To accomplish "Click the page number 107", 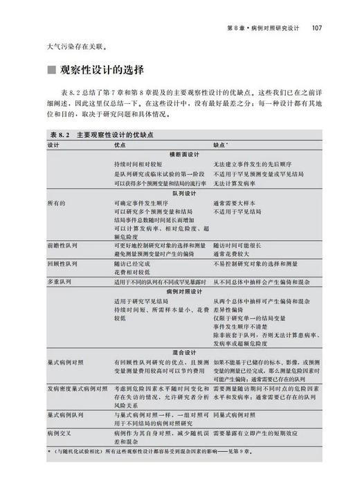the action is tap(319, 29).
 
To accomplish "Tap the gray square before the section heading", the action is tap(50, 71).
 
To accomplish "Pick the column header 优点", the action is tap(120, 145).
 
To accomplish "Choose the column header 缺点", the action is tap(222, 145).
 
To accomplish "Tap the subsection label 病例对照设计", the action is tap(181, 292).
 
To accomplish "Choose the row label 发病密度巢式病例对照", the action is tap(78, 390).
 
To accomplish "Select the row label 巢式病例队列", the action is tap(65, 416).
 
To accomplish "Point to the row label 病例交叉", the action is tap(59, 432).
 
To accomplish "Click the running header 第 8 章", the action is tap(240, 29).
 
